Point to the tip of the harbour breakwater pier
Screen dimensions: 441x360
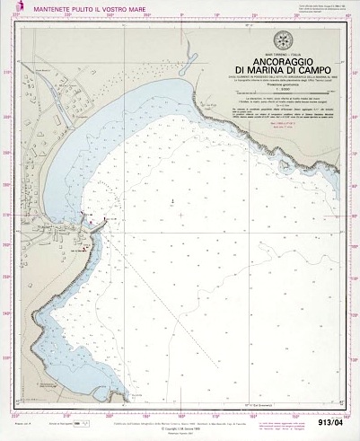tap(108, 221)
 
